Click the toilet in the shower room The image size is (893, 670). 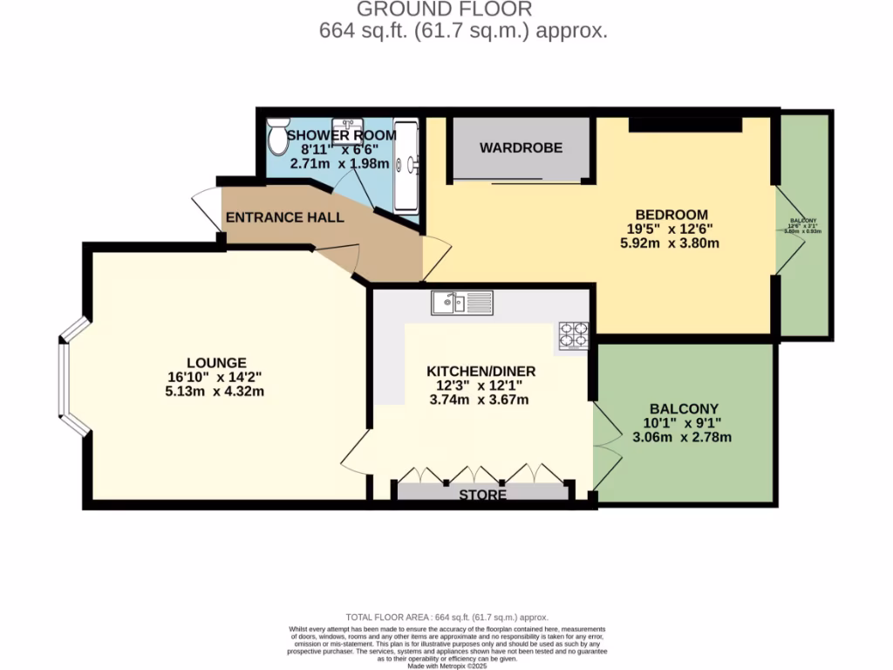point(278,136)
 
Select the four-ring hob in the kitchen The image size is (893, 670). point(574,335)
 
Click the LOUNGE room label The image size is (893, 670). point(216,363)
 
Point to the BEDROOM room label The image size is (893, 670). point(671,215)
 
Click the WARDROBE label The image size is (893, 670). point(521,148)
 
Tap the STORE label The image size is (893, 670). point(482,495)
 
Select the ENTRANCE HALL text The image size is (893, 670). point(284,217)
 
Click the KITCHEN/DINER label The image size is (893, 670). point(481,371)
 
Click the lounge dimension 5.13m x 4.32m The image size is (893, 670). point(216,392)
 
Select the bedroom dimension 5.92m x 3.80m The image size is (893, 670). point(670,243)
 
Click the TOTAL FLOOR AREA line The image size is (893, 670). point(446,617)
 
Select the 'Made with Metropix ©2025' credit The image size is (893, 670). point(446,666)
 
